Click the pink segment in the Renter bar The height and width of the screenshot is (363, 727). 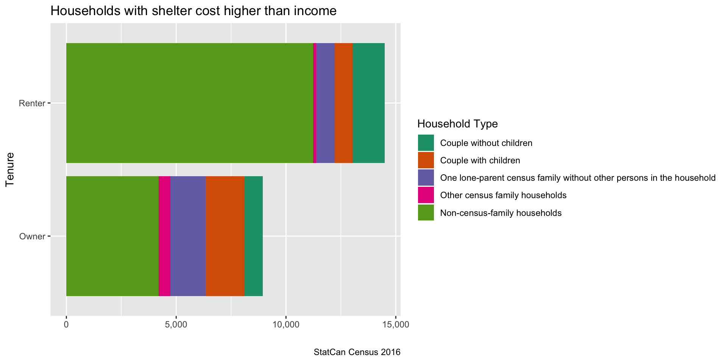315,103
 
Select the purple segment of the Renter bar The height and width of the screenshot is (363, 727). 325,103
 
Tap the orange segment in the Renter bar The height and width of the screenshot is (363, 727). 343,103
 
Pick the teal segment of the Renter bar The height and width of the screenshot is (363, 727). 368,103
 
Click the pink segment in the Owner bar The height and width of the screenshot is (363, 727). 164,236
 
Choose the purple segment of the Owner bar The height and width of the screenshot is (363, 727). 188,236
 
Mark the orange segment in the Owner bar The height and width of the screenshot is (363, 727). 225,236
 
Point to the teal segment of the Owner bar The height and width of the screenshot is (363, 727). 253,236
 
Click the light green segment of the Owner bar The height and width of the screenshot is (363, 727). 112,236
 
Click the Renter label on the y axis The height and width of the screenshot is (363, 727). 32,103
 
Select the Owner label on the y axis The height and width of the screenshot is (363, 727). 32,236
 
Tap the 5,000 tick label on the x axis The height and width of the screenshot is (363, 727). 176,325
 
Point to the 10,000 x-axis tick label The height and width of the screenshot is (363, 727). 286,325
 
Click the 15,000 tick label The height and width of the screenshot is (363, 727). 396,325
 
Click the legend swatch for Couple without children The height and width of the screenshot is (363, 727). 426,143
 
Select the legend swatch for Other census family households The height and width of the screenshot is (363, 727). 426,195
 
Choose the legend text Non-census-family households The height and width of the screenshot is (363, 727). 501,213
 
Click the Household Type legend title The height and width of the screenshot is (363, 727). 457,124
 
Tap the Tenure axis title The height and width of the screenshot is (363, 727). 10,169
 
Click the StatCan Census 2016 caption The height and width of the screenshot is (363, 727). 357,352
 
